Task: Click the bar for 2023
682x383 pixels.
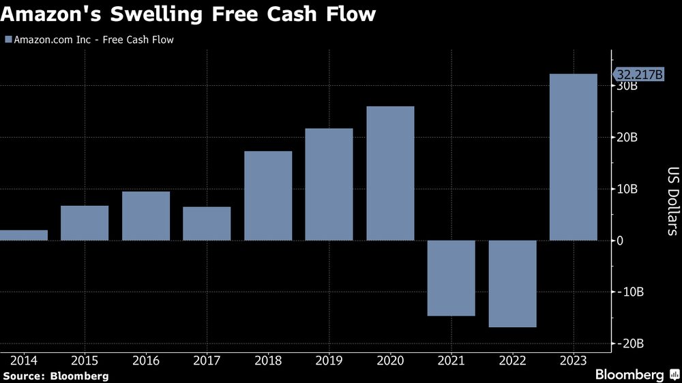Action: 574,157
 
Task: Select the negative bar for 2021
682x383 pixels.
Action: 451,278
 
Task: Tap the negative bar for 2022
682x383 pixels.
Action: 512,284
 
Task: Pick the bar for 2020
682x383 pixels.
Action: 390,173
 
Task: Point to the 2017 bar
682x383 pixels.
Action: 207,224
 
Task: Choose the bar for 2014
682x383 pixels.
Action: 24,235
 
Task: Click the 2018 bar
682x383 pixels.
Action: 268,196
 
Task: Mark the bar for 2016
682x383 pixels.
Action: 146,215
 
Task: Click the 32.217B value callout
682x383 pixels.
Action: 640,74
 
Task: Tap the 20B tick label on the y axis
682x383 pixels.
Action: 627,138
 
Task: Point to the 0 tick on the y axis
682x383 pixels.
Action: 621,241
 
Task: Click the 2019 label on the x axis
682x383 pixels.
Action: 329,359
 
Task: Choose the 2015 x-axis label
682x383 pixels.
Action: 85,359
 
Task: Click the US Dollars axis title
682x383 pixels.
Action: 672,201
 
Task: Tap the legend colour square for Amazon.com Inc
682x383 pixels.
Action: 8,40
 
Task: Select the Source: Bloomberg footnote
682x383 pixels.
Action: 55,376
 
